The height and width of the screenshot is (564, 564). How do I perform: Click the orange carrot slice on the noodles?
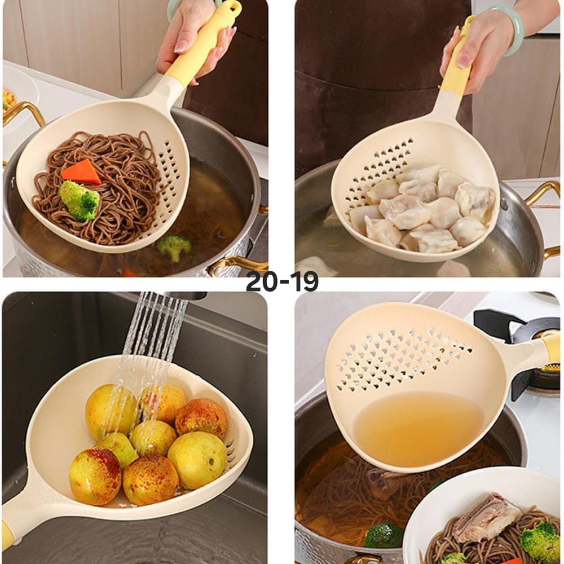81,171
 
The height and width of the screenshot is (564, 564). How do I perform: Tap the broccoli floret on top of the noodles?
79,200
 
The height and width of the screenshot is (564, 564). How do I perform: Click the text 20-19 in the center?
282,281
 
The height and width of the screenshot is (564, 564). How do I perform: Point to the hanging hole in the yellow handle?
234,6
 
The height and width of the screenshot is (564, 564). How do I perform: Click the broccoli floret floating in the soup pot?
174,247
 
